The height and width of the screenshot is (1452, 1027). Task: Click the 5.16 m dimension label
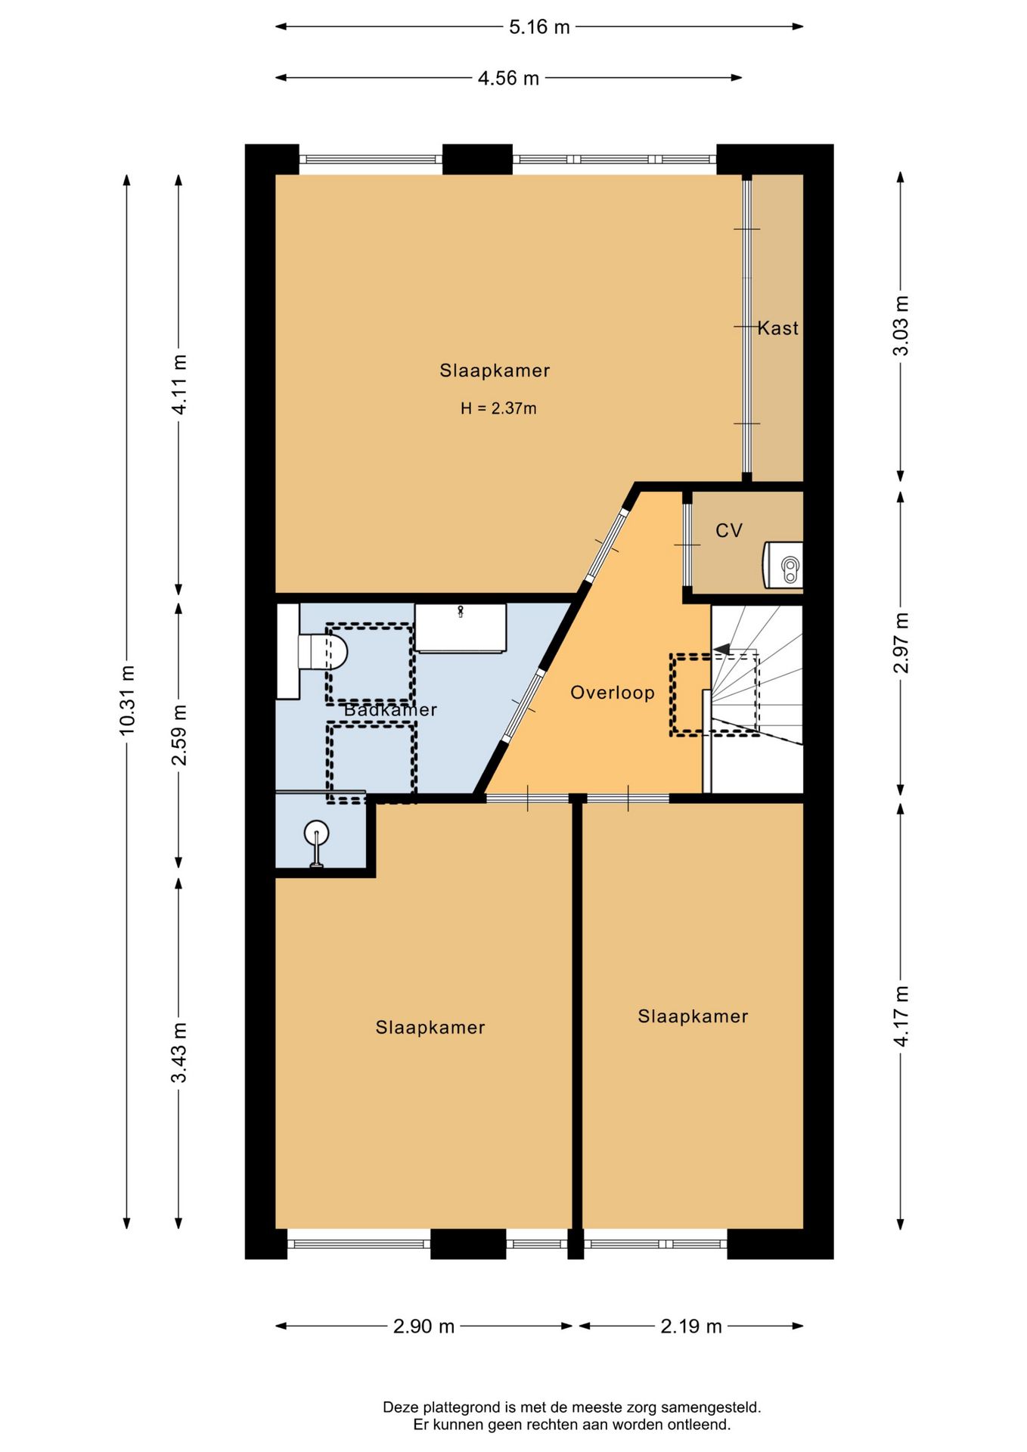538,27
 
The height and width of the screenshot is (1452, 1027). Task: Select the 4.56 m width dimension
507,78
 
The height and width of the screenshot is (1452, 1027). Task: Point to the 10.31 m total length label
127,700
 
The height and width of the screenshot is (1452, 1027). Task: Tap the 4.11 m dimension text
179,383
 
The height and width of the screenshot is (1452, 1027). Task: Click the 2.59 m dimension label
179,734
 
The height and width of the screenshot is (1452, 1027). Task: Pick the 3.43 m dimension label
179,1052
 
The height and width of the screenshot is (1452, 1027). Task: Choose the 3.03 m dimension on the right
901,326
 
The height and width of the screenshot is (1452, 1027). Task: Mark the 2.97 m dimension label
901,643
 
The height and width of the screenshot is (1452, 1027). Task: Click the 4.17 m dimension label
901,1016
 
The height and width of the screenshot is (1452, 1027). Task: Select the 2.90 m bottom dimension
424,1326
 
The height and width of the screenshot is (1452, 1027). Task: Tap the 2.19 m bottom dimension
690,1326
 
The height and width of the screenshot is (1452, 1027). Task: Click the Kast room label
777,328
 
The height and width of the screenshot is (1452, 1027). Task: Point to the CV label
729,531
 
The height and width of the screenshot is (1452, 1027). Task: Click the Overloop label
612,693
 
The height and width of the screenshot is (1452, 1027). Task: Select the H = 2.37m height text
498,408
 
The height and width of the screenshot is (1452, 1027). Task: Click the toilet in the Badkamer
324,651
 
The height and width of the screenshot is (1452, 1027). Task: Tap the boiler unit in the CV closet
784,565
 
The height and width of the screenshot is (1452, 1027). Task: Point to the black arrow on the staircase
722,649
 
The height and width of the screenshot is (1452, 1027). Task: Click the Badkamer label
390,710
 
